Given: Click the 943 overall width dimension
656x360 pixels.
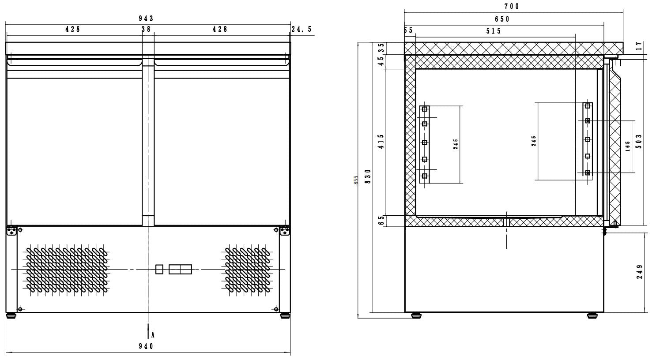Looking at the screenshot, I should point(146,19).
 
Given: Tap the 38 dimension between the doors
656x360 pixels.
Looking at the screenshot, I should point(146,29).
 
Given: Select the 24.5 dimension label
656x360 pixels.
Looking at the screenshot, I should point(302,29).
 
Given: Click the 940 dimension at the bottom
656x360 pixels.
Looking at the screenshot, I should point(146,346).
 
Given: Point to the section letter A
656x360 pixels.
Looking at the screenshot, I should point(152,334).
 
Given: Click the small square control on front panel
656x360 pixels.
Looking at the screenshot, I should point(159,269).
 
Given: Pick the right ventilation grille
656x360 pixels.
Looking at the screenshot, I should point(248,269).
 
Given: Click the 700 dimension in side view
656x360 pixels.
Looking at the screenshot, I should point(512,6).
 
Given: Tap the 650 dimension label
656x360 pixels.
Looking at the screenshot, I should point(502,19).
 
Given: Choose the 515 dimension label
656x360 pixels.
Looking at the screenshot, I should point(494,31).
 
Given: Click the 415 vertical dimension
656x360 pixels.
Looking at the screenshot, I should point(381,142).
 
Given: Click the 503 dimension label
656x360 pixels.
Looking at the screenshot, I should point(639,142).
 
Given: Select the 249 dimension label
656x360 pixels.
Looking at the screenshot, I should point(639,272).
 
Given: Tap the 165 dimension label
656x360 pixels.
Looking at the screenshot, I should point(628,146).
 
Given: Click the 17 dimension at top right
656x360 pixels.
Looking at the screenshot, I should point(639,46).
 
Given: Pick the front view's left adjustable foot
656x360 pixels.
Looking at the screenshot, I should point(11,315).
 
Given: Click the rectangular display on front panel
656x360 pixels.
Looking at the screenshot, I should point(180,269).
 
